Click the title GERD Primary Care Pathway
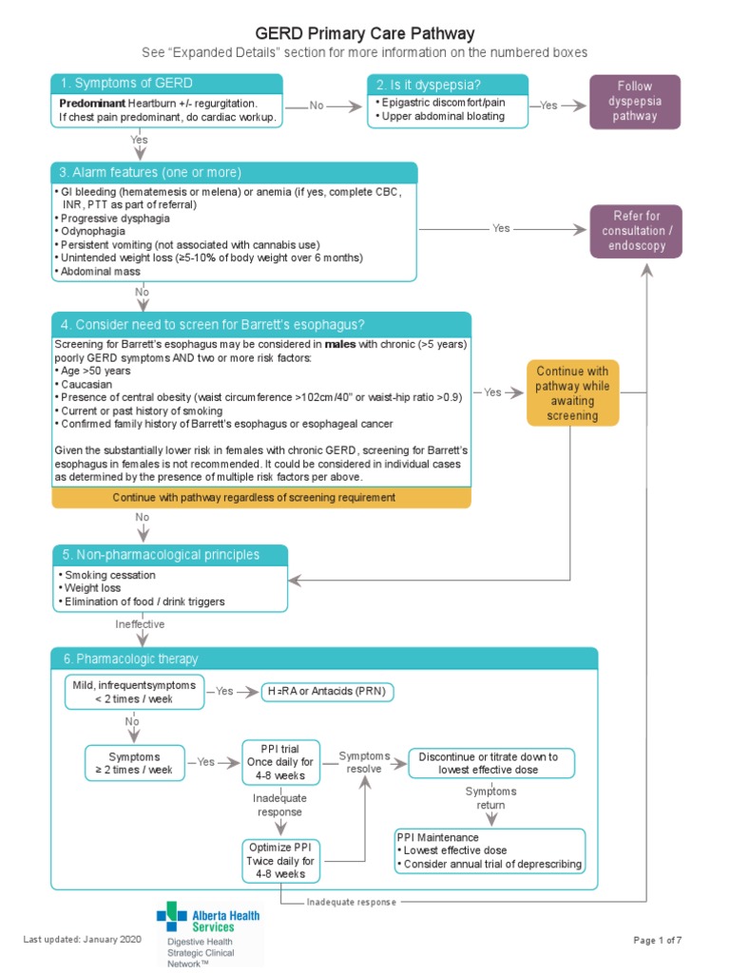pyautogui.click(x=366, y=34)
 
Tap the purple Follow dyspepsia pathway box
pyautogui.click(x=635, y=101)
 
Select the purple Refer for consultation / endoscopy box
pyautogui.click(x=635, y=231)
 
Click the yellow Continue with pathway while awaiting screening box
pyautogui.click(x=573, y=392)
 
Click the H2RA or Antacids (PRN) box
pyautogui.click(x=327, y=692)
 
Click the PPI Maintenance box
pyautogui.click(x=489, y=850)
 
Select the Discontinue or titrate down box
pyautogui.click(x=495, y=762)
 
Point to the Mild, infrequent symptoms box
pyautogui.click(x=133, y=692)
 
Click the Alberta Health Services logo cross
pyautogui.click(x=172, y=918)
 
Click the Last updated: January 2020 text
pyautogui.click(x=82, y=940)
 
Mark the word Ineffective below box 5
pyautogui.click(x=140, y=624)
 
